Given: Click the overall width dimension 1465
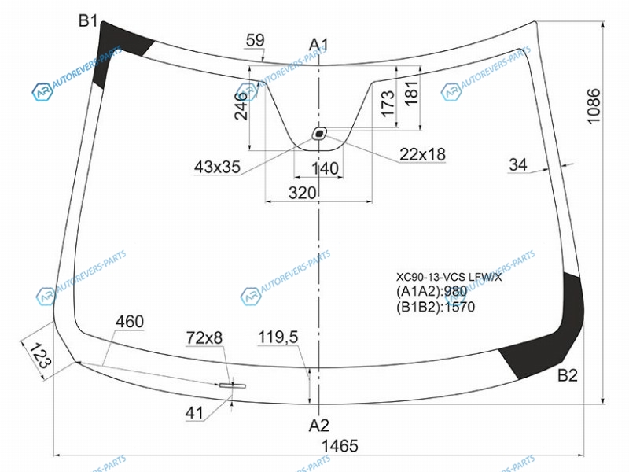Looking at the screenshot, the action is [340, 445].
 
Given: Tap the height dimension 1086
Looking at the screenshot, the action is [594, 106].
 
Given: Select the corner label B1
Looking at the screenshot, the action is [88, 20].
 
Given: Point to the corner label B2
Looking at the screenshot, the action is [568, 375].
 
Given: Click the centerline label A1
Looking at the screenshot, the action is [318, 45].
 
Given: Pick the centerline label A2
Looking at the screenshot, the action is [319, 425].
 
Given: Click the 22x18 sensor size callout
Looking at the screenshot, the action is [422, 154].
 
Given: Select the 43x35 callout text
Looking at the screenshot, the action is [217, 167].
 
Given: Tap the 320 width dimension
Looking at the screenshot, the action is [302, 193].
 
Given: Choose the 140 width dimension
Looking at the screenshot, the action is [325, 168].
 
